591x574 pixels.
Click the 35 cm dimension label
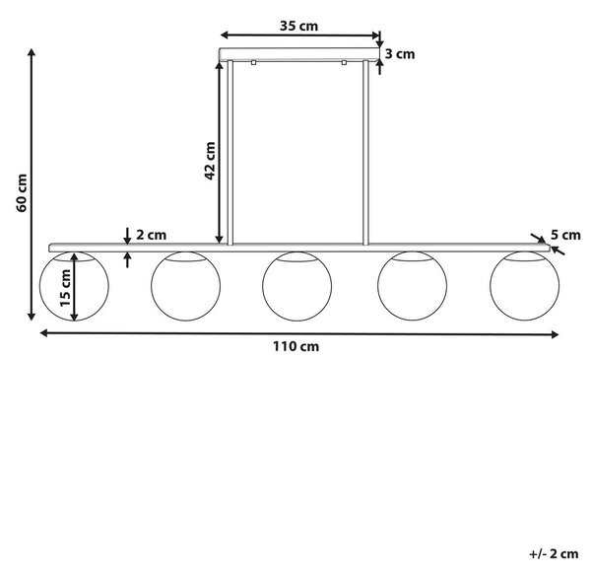[x=298, y=26]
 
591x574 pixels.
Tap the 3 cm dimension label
[x=400, y=54]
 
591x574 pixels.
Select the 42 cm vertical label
[x=210, y=161]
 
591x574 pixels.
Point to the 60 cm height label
[x=22, y=193]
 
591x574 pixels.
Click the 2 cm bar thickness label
[x=151, y=235]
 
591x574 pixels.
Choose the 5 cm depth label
[x=565, y=235]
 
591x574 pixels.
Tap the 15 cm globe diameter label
[x=65, y=288]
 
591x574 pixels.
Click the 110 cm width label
[x=295, y=346]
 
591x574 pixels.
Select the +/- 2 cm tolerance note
[x=554, y=554]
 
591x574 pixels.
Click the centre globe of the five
[x=297, y=321]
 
